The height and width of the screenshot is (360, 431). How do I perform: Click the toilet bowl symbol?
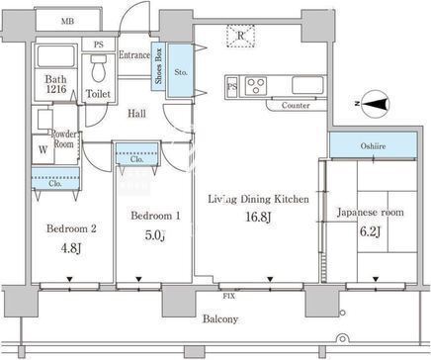pos(98,68)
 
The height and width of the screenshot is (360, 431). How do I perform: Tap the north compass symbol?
pos(375,104)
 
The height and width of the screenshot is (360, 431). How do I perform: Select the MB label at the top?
pos(67,22)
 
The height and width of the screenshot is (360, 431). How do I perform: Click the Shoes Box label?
pos(158,66)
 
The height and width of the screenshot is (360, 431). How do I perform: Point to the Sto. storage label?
pos(181,72)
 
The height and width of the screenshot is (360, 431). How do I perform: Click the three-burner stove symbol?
pos(256,85)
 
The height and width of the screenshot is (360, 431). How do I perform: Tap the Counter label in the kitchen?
pos(296,106)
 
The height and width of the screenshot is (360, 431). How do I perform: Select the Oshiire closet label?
pos(373,146)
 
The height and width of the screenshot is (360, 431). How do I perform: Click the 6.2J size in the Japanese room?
pos(371,231)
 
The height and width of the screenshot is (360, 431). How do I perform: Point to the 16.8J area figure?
pos(258,217)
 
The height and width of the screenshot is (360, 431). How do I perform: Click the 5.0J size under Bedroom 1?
pos(155,235)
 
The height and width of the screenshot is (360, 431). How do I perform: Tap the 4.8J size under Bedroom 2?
pos(71,248)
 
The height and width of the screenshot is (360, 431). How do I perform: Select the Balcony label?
pos(220,319)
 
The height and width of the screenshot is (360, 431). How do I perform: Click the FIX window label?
pos(229,296)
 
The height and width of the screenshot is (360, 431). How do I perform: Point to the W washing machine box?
pos(43,149)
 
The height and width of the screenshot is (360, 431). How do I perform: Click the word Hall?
pos(136,114)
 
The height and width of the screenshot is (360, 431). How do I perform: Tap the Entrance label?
pos(134,54)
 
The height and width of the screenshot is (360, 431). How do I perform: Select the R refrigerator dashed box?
pos(241,36)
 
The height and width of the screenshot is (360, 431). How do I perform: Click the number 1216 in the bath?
pos(56,89)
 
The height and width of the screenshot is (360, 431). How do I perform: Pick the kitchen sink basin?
pos(307,85)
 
